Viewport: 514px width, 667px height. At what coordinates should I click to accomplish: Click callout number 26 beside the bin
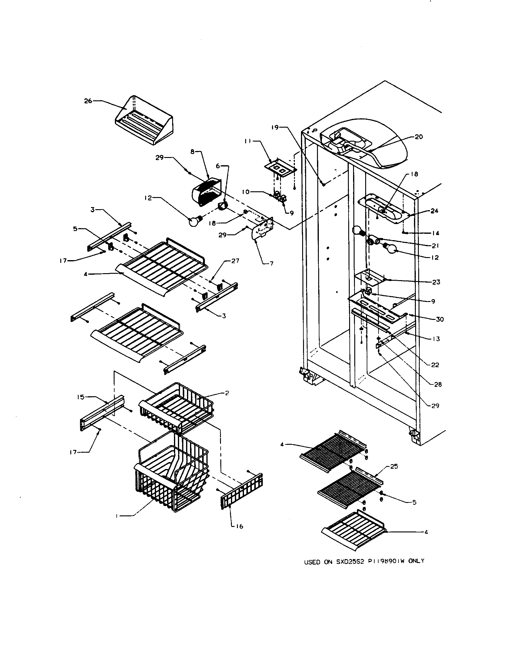88,101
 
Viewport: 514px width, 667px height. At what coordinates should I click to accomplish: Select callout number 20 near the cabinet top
419,137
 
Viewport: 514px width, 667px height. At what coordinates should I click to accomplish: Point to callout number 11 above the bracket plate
248,141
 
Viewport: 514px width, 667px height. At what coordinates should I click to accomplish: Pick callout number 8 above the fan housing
192,152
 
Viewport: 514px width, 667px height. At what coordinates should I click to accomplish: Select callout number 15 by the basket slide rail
80,397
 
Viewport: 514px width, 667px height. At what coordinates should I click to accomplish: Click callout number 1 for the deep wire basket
117,516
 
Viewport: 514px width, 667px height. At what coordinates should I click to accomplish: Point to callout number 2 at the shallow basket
227,393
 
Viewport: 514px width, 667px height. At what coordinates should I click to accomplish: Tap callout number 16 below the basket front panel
240,526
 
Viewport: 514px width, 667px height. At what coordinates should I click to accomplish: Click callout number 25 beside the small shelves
394,466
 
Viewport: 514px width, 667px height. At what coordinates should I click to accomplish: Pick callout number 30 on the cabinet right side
439,320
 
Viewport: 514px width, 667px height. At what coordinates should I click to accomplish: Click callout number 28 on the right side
438,384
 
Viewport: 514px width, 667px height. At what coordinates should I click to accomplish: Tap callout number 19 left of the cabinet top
275,127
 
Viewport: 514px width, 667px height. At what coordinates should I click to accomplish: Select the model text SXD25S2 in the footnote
351,561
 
